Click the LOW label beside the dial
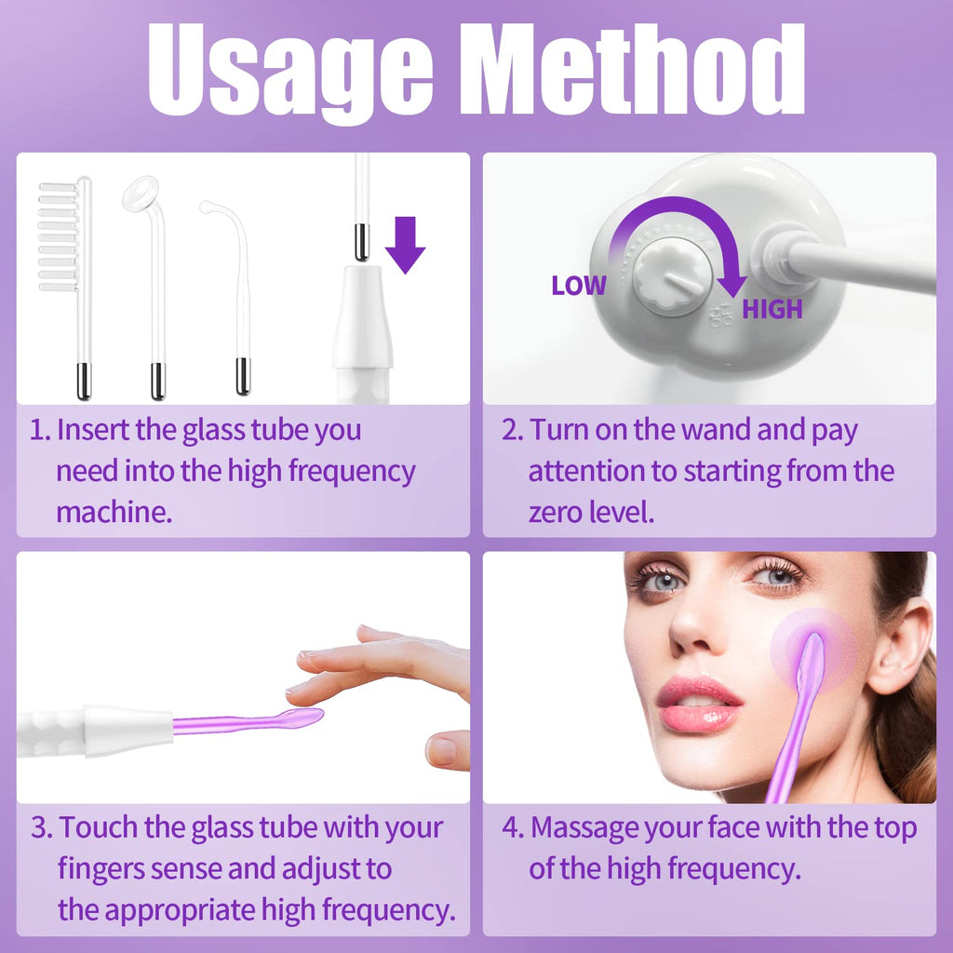(x=578, y=286)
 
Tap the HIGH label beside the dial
(x=772, y=309)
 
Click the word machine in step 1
(x=114, y=513)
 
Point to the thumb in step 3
(x=448, y=749)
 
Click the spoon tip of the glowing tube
(x=299, y=718)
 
